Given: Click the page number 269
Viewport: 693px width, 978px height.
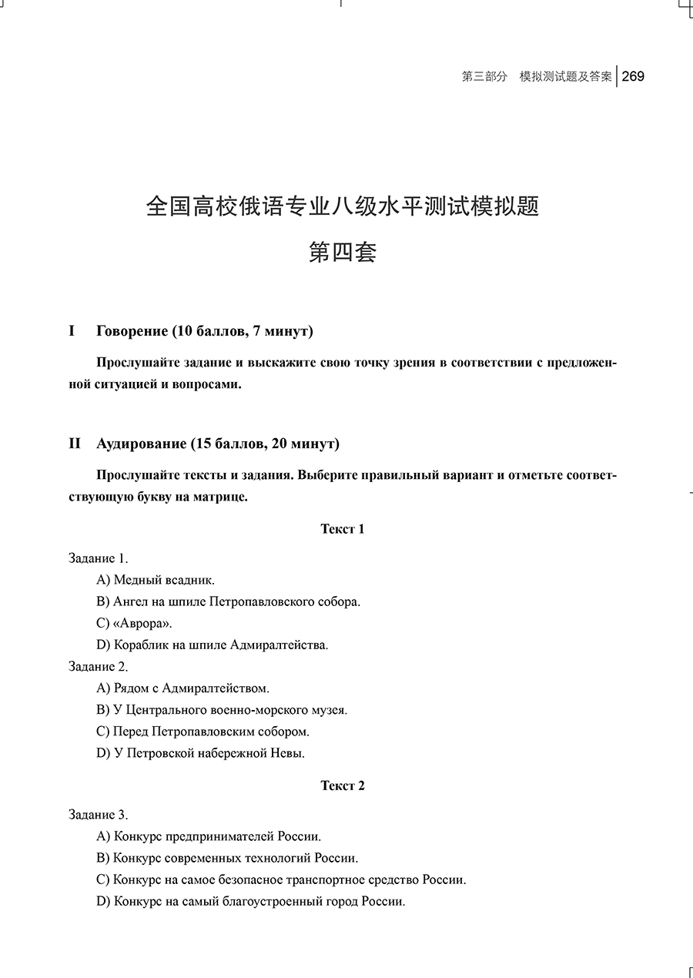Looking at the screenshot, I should pyautogui.click(x=633, y=76).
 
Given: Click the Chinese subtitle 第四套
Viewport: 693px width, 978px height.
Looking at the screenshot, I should pyautogui.click(x=343, y=252).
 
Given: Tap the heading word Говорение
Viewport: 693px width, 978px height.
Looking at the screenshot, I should pyautogui.click(x=132, y=331).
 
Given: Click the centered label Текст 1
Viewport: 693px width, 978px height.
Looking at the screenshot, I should pyautogui.click(x=343, y=528).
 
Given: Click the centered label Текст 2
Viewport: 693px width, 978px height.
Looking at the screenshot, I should pyautogui.click(x=343, y=785).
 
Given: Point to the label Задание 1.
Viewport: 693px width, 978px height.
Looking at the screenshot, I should pyautogui.click(x=99, y=558).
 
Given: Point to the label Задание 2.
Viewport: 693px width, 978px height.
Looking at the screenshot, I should pyautogui.click(x=99, y=666).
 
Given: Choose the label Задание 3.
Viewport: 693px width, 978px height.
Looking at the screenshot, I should pyautogui.click(x=99, y=815).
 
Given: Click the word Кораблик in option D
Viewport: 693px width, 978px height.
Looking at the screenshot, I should pyautogui.click(x=139, y=645).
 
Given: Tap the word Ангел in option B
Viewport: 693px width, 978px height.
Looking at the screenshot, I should pyautogui.click(x=130, y=601).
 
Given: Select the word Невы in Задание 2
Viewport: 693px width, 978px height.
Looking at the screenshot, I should pyautogui.click(x=289, y=752).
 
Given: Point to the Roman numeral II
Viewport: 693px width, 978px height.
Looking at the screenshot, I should pyautogui.click(x=75, y=444).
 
